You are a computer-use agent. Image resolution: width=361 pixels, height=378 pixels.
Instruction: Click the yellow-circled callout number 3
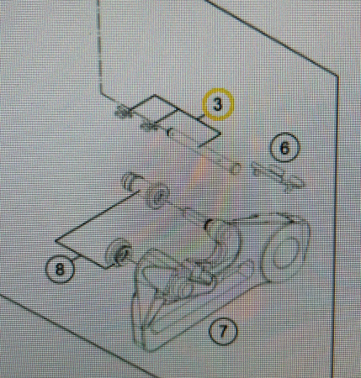218,104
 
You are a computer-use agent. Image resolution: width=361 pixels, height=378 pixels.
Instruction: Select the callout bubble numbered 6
284,148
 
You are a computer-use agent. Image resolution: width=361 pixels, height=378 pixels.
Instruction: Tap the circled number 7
223,331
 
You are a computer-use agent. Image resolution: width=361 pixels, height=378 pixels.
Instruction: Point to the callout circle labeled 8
60,270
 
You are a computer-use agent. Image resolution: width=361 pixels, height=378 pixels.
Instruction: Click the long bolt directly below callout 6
279,176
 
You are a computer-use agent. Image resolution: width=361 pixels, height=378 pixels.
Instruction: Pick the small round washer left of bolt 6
236,168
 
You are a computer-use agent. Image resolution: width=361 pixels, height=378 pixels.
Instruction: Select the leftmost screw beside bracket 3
123,111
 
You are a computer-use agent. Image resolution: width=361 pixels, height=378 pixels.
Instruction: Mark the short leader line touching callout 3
202,117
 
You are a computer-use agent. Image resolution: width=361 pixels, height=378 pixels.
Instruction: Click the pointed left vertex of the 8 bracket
56,240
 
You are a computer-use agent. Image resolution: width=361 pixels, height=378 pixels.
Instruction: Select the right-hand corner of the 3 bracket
220,134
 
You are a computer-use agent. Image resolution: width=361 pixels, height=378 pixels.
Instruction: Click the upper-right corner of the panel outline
337,76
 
